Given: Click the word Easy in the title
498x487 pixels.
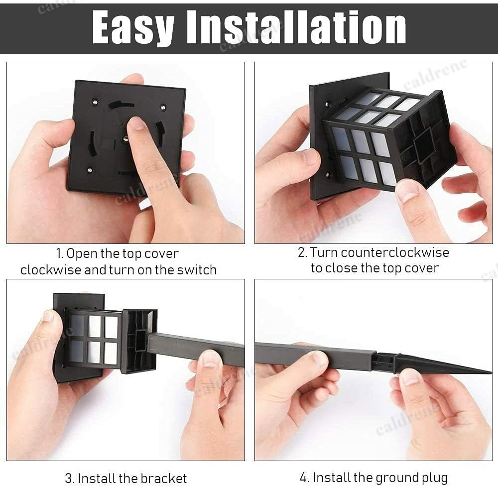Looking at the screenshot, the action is coord(133,27).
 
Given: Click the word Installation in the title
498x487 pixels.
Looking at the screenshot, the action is coord(296,27).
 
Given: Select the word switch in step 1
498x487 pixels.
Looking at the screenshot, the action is coord(197,270).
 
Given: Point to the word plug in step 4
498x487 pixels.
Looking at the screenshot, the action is coord(434,478).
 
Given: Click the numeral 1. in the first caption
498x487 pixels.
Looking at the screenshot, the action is coord(60,253).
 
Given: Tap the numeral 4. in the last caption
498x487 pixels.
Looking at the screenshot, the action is coord(304,478).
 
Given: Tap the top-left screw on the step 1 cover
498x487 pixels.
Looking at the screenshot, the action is coord(95,102).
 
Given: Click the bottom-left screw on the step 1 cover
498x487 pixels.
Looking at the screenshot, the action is coord(90,170).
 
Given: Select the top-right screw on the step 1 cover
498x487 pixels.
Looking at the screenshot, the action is coord(163,107).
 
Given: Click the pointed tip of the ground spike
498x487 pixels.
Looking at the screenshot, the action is coord(491,372).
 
